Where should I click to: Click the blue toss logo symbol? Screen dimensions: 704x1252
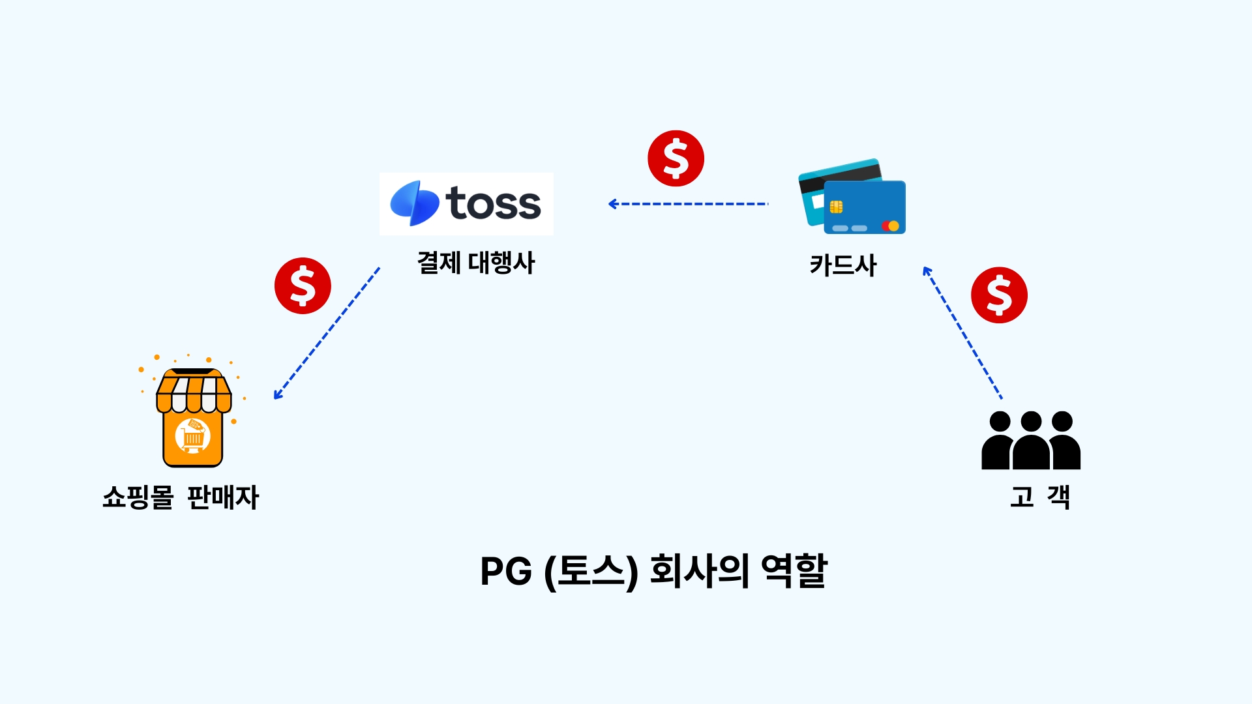point(414,203)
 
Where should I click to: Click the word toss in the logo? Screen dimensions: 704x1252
point(494,204)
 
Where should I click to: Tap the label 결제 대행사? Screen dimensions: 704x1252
point(476,263)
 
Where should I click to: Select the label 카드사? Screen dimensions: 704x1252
point(843,265)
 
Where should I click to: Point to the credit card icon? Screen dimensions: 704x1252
point(852,196)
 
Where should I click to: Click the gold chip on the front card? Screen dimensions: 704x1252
point(836,207)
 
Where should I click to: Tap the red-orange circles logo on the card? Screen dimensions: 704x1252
point(890,226)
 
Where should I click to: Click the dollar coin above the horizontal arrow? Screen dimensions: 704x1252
point(676,158)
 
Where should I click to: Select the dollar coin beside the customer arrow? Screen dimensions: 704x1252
point(999,295)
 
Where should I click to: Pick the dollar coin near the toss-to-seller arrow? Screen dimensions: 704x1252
point(303,286)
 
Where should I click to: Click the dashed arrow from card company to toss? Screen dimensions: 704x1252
point(688,204)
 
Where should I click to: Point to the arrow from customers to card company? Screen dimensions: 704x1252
point(962,332)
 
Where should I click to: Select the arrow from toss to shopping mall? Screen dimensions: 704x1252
point(327,332)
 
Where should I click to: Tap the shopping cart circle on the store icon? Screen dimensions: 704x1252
point(193,436)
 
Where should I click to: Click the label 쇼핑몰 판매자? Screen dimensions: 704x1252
point(181,497)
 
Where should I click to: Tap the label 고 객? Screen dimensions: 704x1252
point(1040,497)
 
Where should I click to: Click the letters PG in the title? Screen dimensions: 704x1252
point(506,572)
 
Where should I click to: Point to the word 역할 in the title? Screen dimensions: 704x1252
point(794,571)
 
